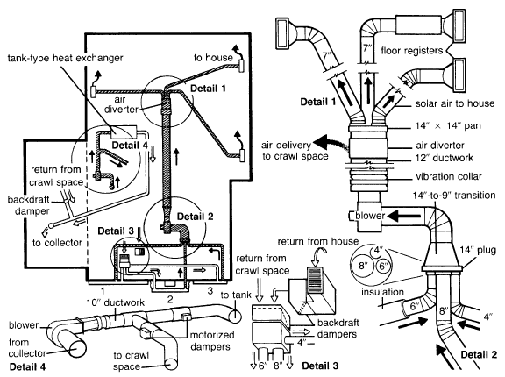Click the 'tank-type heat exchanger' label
tap(66, 58)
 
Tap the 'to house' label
tap(213, 58)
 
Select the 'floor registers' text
tap(412, 51)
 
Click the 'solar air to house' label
tap(455, 103)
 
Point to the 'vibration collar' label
tap(449, 176)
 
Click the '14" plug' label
tap(478, 250)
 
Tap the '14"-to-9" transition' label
tap(454, 196)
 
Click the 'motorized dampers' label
tap(212, 341)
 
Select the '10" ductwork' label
tap(116, 302)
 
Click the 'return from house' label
tap(318, 241)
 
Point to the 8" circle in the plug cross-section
tap(363, 266)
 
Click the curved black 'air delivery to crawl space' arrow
tap(331, 143)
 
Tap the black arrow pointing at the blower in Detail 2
tap(403, 217)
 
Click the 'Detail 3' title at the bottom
tap(320, 366)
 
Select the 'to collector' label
tap(57, 243)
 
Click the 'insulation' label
tap(382, 292)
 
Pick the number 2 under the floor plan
tap(170, 300)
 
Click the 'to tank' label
tap(236, 295)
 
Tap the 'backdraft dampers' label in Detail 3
tap(338, 329)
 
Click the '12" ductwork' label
tap(445, 158)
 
